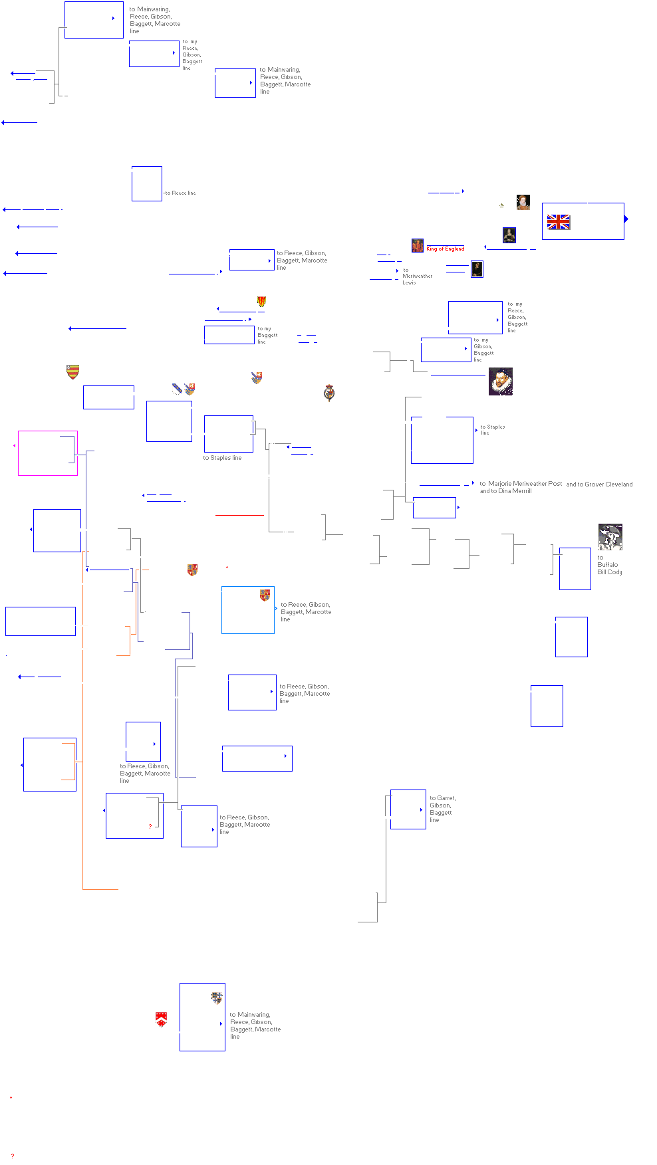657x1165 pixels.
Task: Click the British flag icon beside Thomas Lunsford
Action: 559,222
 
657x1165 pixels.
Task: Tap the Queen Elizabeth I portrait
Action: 523,201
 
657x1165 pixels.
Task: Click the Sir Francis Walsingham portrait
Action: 500,381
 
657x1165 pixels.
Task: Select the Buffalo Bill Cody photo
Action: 610,538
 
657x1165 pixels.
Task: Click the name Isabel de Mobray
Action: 193,271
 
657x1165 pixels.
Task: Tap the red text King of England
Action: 445,249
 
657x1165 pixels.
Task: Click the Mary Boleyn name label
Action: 444,191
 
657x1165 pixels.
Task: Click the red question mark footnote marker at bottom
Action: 13,1156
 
